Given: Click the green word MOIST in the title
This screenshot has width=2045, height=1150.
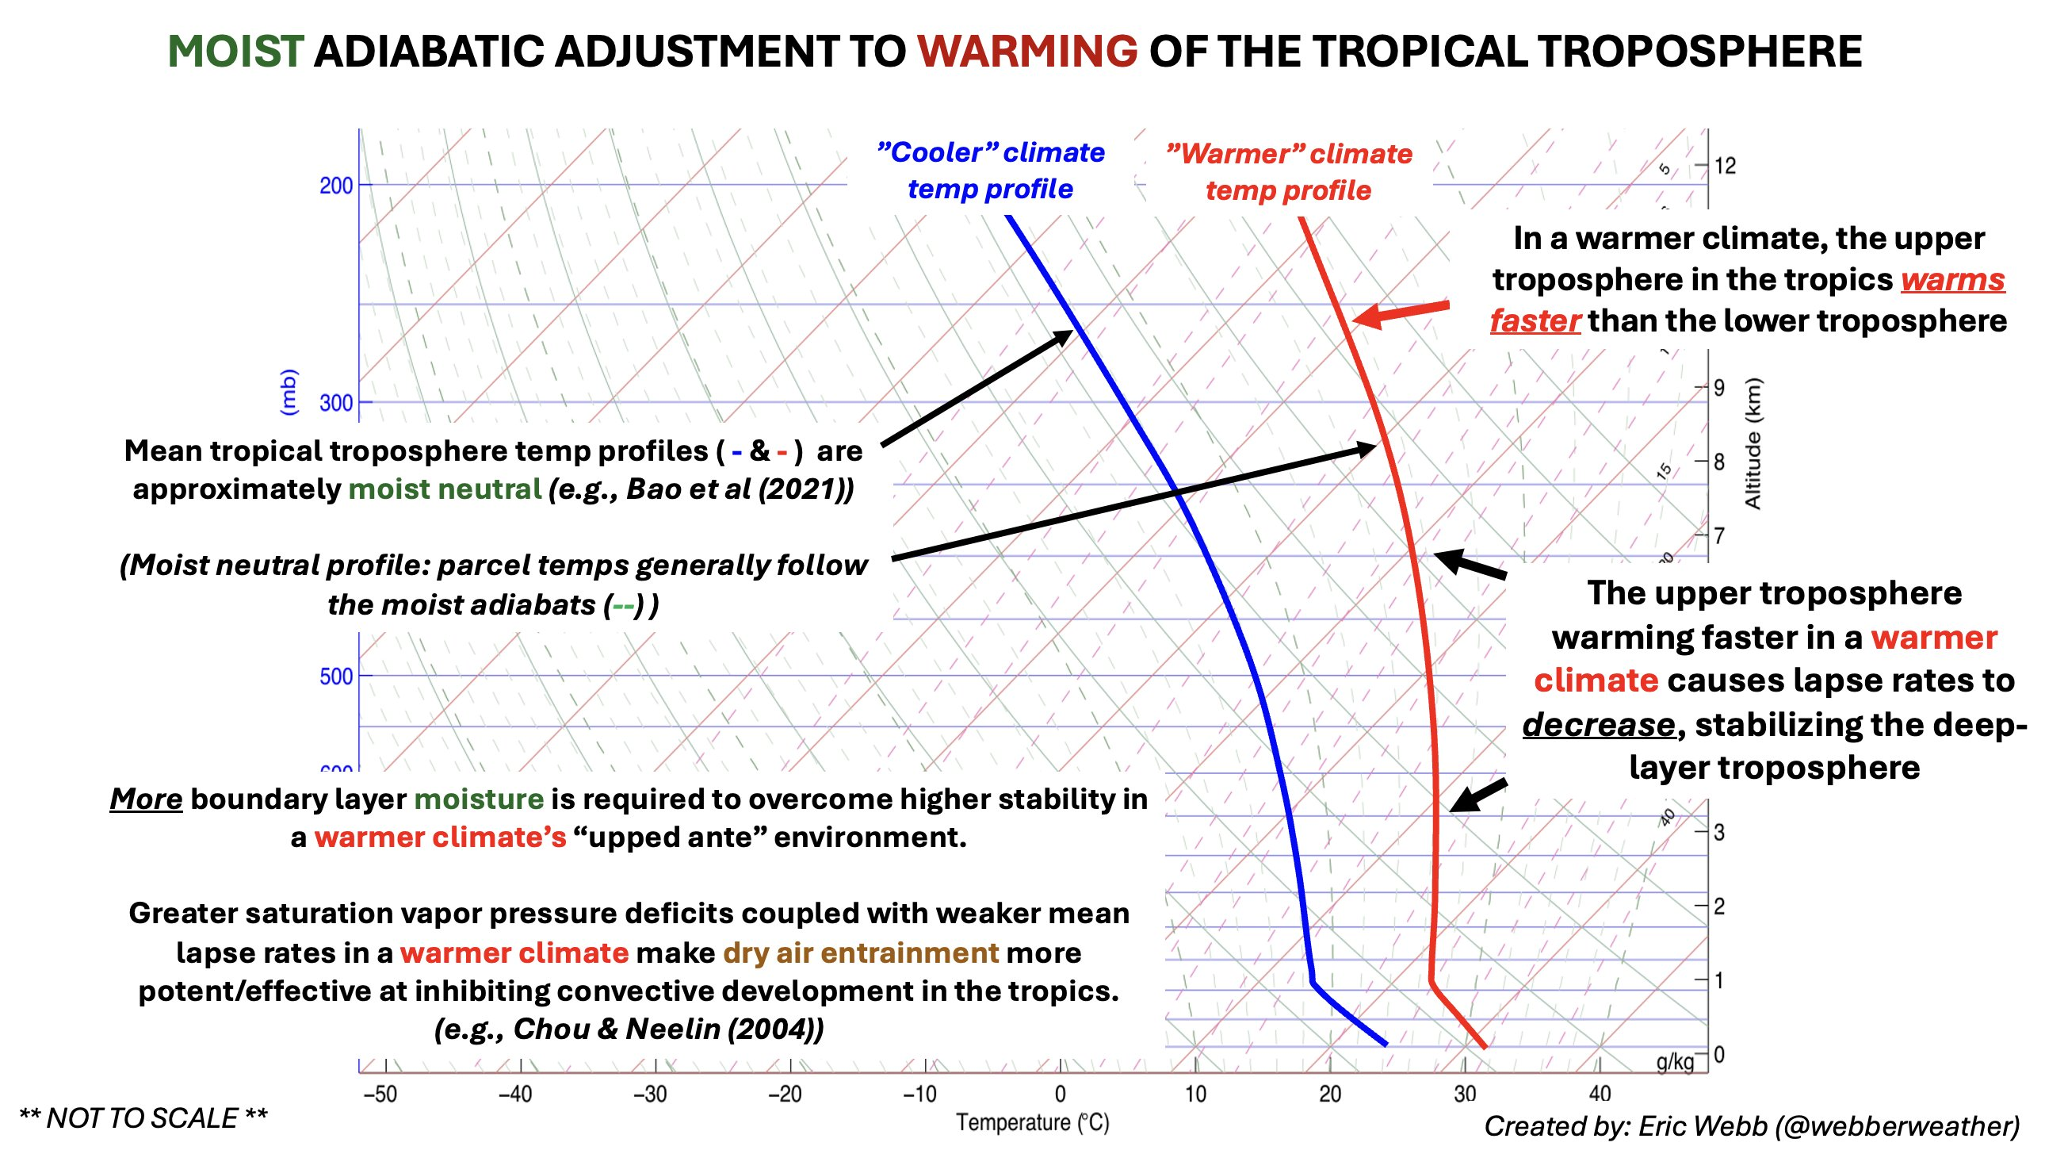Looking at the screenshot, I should (x=235, y=52).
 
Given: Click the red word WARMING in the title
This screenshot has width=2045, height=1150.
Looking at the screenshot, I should (x=1026, y=52).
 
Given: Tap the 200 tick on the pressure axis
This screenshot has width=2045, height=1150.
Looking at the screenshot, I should (x=336, y=186).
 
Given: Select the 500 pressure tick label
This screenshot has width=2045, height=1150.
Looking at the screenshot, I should (x=336, y=677).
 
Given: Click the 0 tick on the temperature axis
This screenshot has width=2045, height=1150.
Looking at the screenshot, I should (x=1060, y=1094).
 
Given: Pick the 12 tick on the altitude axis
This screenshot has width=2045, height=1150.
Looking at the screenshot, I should (x=1724, y=166).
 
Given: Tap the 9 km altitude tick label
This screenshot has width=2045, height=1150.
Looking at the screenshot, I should (x=1718, y=388).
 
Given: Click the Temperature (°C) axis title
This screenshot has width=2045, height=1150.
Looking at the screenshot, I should (x=1032, y=1122).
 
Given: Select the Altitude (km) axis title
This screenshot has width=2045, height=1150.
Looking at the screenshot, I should (x=1753, y=443).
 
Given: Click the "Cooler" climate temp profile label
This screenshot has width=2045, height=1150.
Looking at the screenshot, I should (x=990, y=171).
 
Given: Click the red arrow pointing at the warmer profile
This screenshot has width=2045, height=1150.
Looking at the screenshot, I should (x=1401, y=312).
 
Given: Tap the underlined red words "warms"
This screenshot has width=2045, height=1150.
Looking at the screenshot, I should (x=1952, y=279).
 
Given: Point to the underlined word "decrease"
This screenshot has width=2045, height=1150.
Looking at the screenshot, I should (x=1598, y=724).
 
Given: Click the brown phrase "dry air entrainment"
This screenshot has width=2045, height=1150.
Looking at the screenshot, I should (x=861, y=953).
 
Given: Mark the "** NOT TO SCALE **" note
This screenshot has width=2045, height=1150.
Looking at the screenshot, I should (x=143, y=1118).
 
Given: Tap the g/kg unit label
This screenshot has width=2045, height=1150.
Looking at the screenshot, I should (x=1674, y=1062).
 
